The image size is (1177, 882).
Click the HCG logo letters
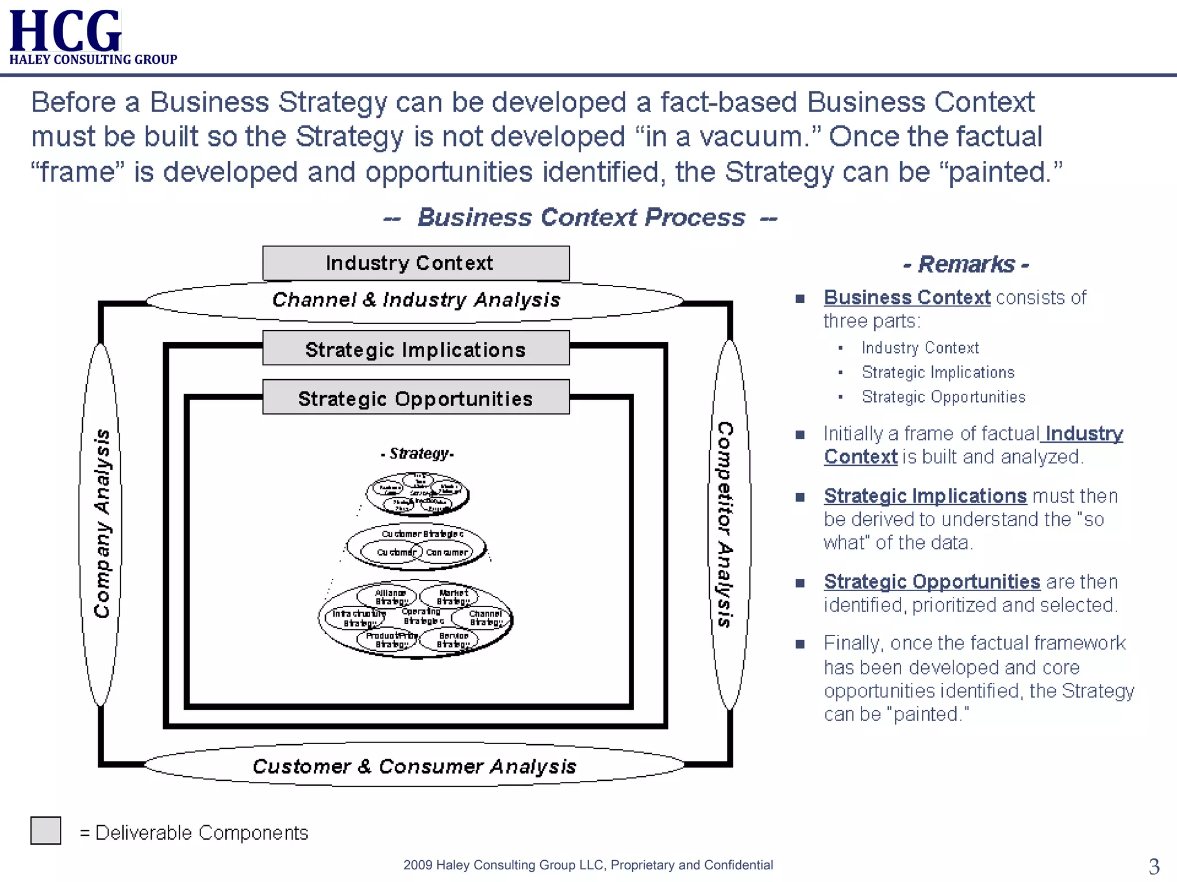point(65,31)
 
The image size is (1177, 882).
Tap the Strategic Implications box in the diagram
point(416,349)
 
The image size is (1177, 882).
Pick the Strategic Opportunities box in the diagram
point(416,397)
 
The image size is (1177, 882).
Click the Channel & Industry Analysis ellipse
point(416,300)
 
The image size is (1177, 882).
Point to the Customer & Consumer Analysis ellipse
point(414,766)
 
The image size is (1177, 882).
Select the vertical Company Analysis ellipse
point(101,524)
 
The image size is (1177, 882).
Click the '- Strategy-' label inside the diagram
point(417,454)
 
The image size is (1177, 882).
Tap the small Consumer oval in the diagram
point(447,552)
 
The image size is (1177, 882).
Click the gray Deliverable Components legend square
point(46,831)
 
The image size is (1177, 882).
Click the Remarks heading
point(966,264)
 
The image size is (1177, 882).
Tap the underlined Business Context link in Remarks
point(907,297)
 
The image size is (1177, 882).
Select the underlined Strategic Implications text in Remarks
point(925,496)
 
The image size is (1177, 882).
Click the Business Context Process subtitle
point(580,218)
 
